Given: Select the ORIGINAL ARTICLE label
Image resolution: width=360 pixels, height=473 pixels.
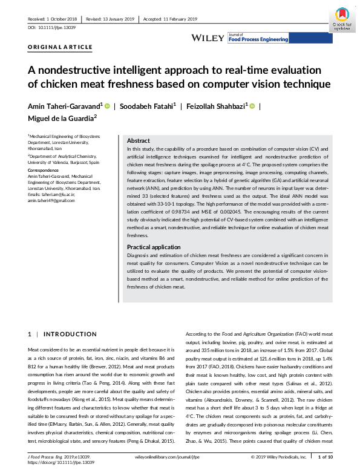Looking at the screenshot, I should (61, 47).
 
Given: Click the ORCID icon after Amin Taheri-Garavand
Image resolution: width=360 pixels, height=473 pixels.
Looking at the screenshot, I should (108, 106).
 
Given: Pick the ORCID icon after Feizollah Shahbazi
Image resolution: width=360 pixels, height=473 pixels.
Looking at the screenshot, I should (252, 106).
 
